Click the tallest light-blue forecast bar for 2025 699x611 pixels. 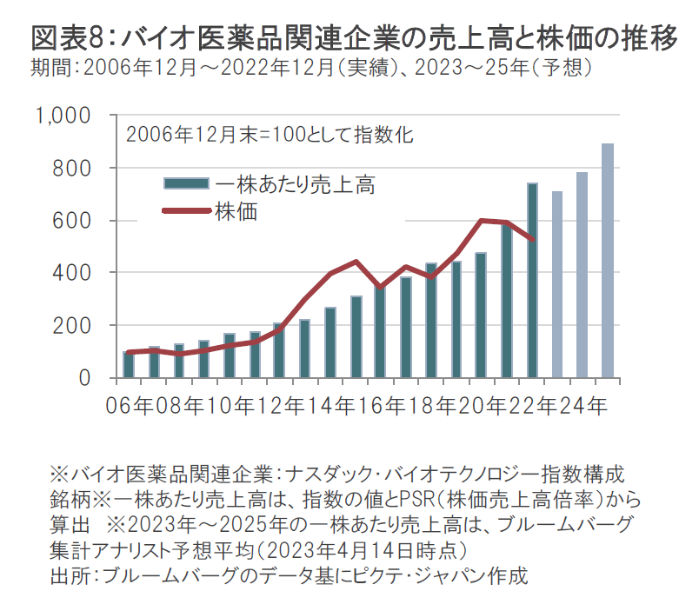pos(608,261)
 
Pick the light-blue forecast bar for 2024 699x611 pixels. pos(582,275)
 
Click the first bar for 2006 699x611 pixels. pos(129,364)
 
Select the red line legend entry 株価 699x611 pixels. pos(236,210)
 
